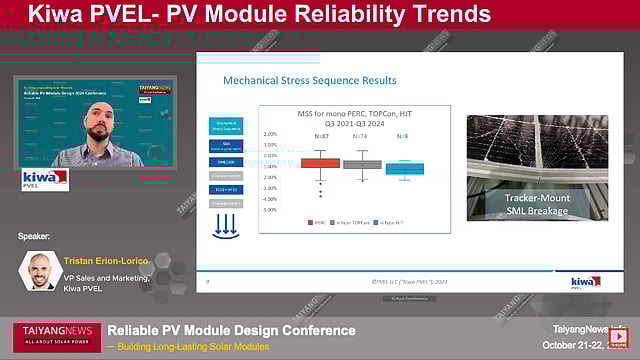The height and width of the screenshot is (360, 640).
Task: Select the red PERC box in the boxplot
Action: tap(320, 163)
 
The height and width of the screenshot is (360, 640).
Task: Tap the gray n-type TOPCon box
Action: tap(362, 163)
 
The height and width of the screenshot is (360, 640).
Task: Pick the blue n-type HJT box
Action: tap(405, 169)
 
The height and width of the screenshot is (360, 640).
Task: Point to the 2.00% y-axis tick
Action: tap(270, 133)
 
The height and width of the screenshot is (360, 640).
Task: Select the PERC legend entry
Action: tap(319, 223)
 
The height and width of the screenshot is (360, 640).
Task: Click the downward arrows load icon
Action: tap(225, 226)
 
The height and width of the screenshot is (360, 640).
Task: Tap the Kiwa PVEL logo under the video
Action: tap(45, 179)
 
